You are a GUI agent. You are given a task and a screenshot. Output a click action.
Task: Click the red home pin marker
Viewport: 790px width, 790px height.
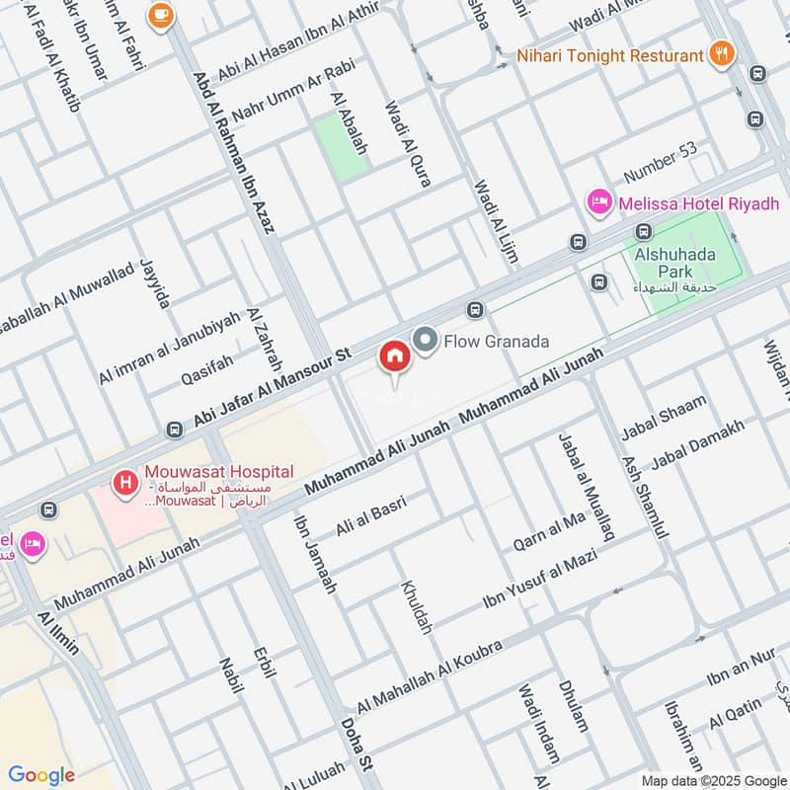pyautogui.click(x=394, y=356)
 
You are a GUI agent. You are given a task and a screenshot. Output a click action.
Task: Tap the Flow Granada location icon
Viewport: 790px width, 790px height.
pyautogui.click(x=426, y=341)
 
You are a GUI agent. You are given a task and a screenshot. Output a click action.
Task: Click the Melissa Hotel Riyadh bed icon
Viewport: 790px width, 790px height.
pyautogui.click(x=598, y=202)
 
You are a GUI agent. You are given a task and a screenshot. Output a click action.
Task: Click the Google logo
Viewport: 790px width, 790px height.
pyautogui.click(x=40, y=775)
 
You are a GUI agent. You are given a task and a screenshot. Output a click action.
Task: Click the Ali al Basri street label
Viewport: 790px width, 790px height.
pyautogui.click(x=371, y=515)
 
